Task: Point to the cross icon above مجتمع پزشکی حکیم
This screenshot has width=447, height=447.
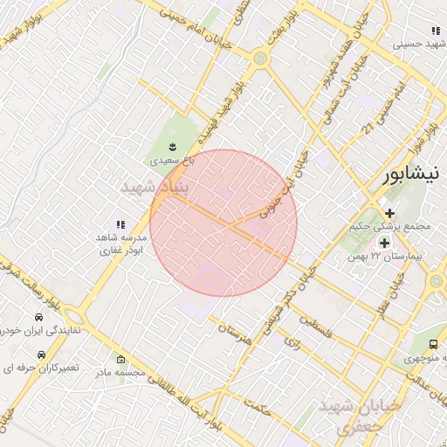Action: point(389,213)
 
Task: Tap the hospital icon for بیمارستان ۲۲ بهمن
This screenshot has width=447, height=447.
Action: point(384,242)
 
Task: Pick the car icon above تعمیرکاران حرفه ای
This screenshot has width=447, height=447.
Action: point(40,354)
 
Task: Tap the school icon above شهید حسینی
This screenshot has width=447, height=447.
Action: point(436,31)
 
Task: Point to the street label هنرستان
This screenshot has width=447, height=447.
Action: point(235,333)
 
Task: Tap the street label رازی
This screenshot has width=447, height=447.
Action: point(292,344)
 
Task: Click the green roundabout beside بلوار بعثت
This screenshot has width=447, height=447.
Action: point(260,58)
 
